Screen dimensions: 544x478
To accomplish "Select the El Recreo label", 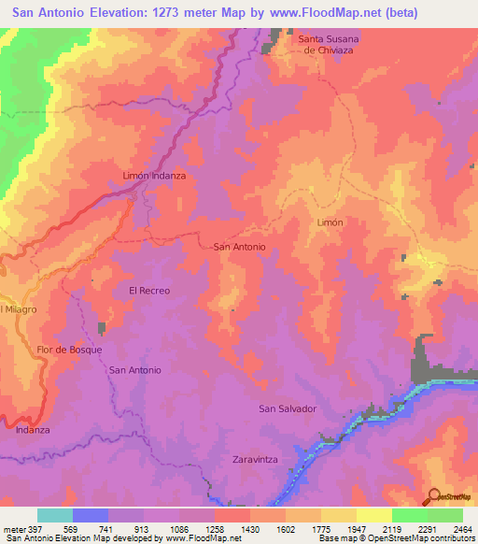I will pyautogui.click(x=149, y=291).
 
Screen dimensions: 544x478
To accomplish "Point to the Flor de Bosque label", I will pyautogui.click(x=69, y=350).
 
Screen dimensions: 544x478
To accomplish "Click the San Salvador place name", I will pyautogui.click(x=288, y=409).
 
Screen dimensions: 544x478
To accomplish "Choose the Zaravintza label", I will pyautogui.click(x=258, y=461).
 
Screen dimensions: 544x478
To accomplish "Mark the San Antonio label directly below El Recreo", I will pyautogui.click(x=135, y=370).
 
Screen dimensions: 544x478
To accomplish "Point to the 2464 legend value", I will pyautogui.click(x=462, y=528).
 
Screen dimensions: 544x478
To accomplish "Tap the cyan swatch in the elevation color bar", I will pyautogui.click(x=55, y=515).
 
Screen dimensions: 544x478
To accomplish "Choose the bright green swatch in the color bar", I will pyautogui.click(x=409, y=515).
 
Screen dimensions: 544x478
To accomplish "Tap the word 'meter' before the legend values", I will pyautogui.click(x=13, y=528).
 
